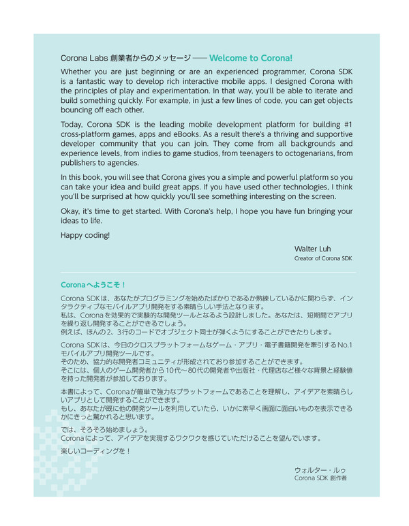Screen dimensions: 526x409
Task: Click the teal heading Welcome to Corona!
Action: pos(250,59)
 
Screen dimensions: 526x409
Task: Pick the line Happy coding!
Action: pos(85,236)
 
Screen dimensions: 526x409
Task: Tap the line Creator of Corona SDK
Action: pos(323,259)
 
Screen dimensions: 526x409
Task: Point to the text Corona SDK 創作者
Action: pos(320,478)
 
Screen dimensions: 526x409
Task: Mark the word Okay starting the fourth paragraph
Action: pos(70,211)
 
